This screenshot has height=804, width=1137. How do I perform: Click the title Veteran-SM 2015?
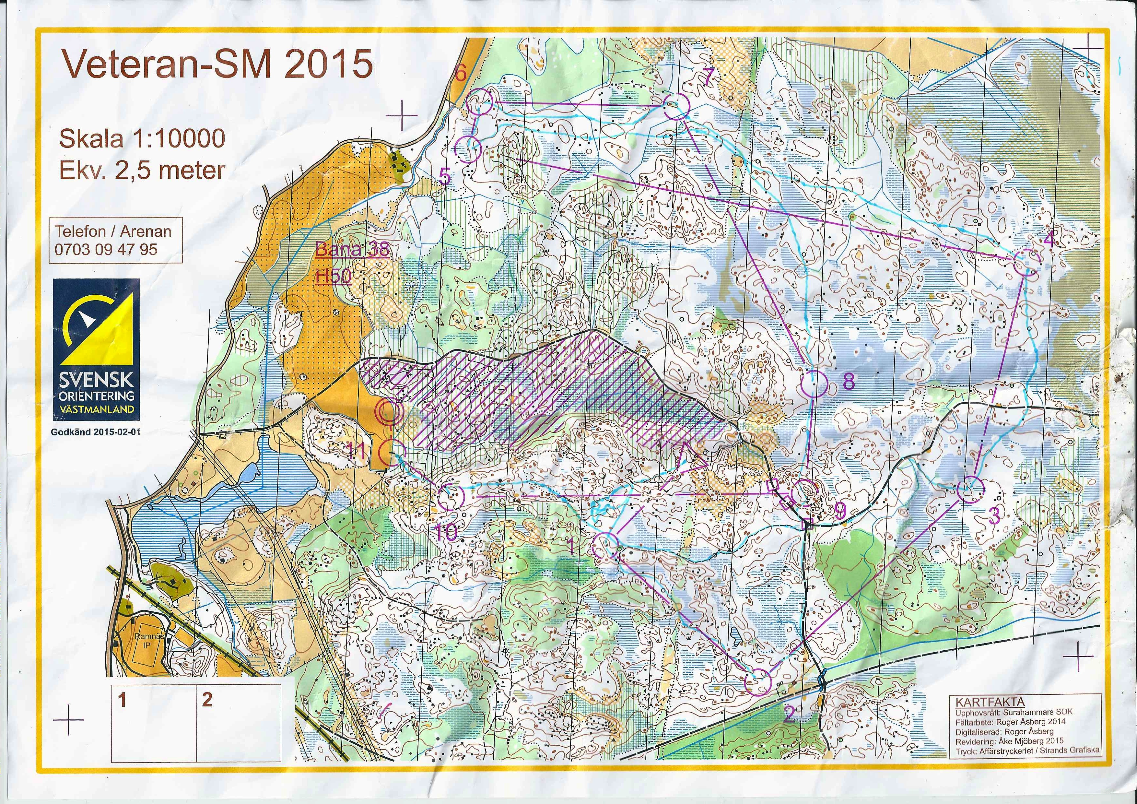click(x=217, y=65)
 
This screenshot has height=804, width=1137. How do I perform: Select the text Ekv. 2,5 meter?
click(x=142, y=171)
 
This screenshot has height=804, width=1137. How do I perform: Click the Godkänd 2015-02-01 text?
click(x=96, y=432)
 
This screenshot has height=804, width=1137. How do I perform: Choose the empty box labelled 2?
click(x=239, y=723)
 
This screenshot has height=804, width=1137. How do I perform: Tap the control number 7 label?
click(x=708, y=77)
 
